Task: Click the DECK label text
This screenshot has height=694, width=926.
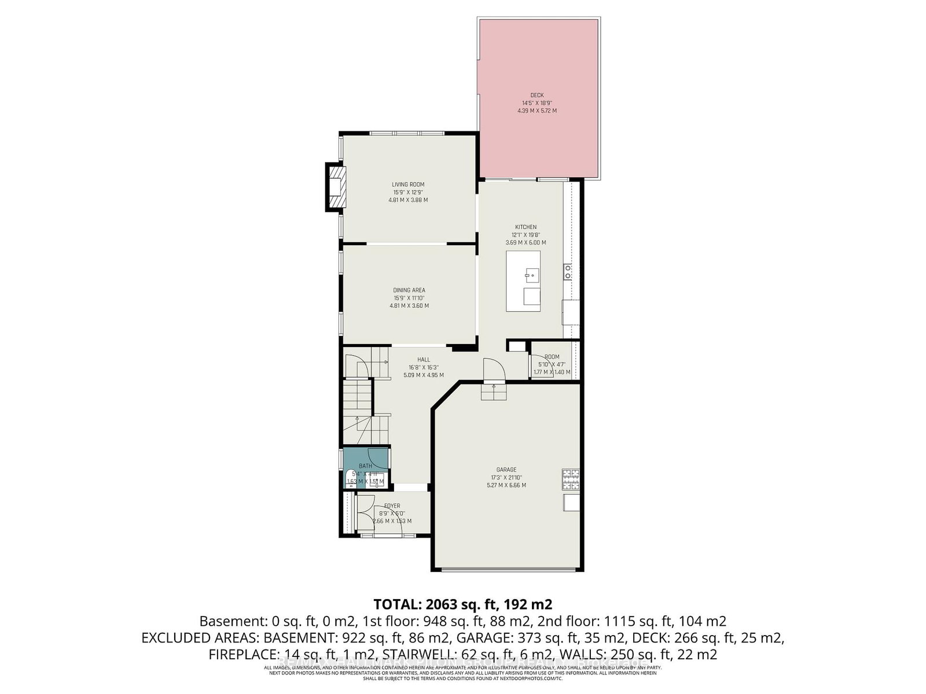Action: click(x=537, y=95)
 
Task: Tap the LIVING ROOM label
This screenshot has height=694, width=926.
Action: click(x=408, y=184)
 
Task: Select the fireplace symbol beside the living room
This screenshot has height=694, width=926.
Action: click(x=336, y=187)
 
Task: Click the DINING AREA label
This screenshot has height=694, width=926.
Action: click(x=409, y=290)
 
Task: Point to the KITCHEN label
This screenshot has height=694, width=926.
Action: click(x=526, y=227)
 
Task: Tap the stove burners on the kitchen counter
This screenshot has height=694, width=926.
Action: click(x=568, y=272)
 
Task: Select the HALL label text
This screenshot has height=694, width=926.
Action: click(x=424, y=360)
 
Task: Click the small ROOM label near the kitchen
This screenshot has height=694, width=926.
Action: click(x=552, y=357)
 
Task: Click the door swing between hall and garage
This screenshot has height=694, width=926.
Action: click(x=494, y=369)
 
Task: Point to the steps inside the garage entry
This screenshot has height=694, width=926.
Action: click(x=493, y=393)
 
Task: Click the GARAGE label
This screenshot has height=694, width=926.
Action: click(x=506, y=470)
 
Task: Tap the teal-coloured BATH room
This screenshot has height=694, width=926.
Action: click(x=366, y=460)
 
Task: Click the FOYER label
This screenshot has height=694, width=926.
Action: click(x=392, y=506)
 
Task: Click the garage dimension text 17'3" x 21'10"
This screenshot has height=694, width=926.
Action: click(x=506, y=478)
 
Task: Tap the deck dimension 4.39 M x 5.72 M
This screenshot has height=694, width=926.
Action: click(x=537, y=110)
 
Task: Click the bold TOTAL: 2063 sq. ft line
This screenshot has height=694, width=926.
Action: click(x=463, y=604)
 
